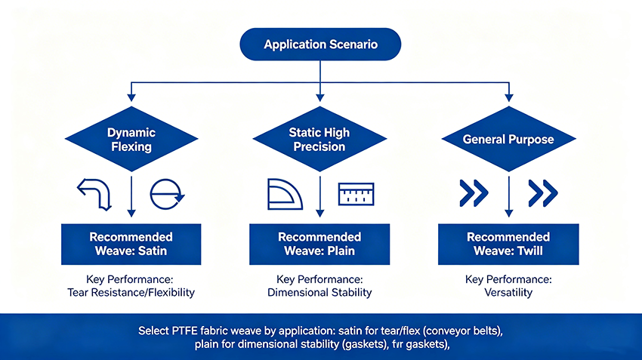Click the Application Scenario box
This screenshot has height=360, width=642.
click(x=320, y=45)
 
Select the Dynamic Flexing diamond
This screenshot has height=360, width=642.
click(x=131, y=139)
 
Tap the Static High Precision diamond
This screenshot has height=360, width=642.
click(x=319, y=139)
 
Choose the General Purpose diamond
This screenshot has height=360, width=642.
click(x=508, y=139)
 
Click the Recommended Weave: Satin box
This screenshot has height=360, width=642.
click(x=131, y=245)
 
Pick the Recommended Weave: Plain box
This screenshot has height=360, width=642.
click(x=319, y=245)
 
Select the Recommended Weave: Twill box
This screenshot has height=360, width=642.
click(x=508, y=245)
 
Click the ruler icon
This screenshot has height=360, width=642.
click(x=356, y=194)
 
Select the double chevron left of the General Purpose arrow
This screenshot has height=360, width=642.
click(x=474, y=192)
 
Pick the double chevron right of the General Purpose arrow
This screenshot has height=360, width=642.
click(x=543, y=192)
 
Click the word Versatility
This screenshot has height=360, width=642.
click(x=508, y=293)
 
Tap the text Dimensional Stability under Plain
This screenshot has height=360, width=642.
click(x=319, y=293)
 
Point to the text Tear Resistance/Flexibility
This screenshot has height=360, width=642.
click(x=131, y=293)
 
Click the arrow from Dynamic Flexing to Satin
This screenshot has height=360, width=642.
click(x=131, y=196)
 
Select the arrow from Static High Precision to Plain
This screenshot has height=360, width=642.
click(x=320, y=196)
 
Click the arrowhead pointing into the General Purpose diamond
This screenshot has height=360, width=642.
click(x=509, y=97)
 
